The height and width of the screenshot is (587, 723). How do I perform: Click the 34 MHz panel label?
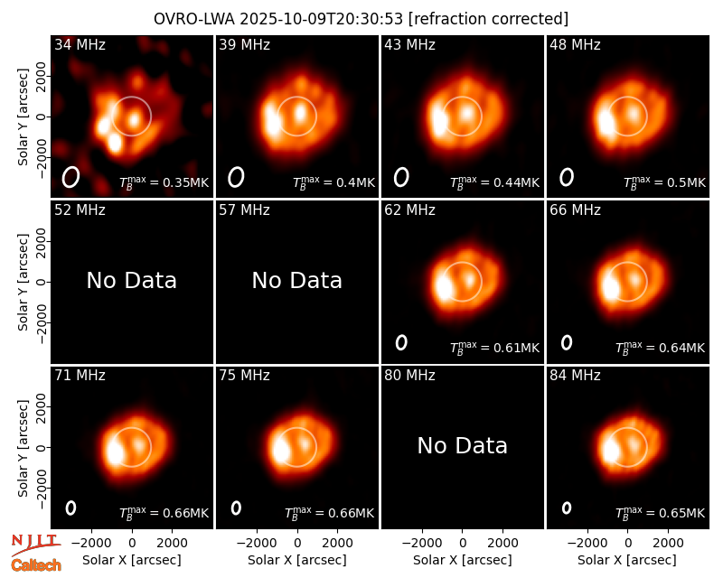coord(80,44)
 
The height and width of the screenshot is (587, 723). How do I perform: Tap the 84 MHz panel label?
coord(575,376)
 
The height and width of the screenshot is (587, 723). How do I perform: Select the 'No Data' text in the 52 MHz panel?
coord(131,281)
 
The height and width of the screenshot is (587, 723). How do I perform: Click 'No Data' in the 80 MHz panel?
coord(462,446)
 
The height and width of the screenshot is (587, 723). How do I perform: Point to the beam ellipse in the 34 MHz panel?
coord(71,177)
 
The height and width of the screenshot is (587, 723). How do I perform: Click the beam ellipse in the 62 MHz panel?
coord(401,342)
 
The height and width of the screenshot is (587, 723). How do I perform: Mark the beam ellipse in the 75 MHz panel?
coord(236,508)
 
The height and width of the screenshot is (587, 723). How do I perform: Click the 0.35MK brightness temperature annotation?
coord(164,182)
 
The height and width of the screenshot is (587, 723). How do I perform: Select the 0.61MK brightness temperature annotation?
coord(494,348)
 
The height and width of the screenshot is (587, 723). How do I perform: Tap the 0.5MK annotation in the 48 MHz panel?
coord(664,182)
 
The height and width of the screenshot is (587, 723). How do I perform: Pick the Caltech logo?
coord(36,565)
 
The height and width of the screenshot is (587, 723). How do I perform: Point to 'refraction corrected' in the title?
coord(488,19)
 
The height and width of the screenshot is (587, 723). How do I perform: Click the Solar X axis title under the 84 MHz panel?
coord(627,560)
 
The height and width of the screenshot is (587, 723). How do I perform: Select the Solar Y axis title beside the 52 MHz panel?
coord(23,282)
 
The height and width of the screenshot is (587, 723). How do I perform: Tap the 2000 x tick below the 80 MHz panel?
coord(502,543)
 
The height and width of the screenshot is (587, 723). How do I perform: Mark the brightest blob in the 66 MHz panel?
coord(611,286)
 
